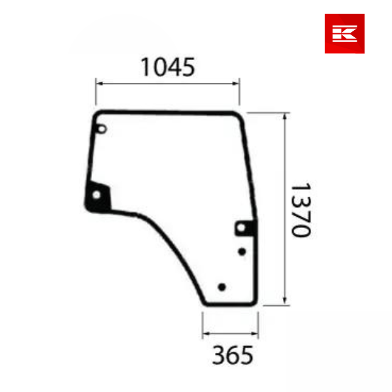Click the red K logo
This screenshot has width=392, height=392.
tap(344, 33)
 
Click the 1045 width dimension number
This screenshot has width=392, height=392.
tap(167, 67)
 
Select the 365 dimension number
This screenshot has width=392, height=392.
tap(232, 356)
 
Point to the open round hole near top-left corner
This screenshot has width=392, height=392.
tap(101, 129)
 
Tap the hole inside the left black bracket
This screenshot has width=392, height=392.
tap(99, 196)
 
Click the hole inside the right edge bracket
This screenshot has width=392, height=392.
tap(243, 228)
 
